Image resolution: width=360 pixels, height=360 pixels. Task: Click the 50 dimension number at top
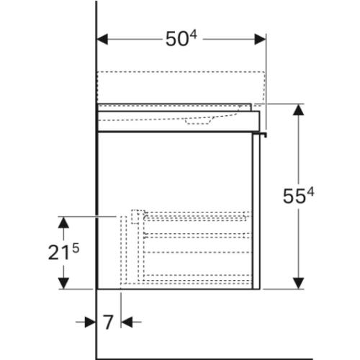pyautogui.click(x=176, y=39)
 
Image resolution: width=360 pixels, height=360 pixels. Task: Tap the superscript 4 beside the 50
pyautogui.click(x=193, y=35)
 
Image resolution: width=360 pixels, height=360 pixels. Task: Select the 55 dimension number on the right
pyautogui.click(x=294, y=197)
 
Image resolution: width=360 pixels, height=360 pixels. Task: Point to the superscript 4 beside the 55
pyautogui.click(x=310, y=192)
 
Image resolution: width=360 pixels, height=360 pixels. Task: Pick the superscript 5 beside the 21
pyautogui.click(x=76, y=248)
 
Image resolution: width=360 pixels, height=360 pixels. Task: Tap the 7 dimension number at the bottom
pyautogui.click(x=108, y=323)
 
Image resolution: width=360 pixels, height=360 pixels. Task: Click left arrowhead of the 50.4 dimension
pyautogui.click(x=102, y=40)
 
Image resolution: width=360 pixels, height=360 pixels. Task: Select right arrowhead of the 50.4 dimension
pyautogui.click(x=260, y=40)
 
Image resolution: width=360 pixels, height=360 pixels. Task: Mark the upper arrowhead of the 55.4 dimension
pyautogui.click(x=299, y=110)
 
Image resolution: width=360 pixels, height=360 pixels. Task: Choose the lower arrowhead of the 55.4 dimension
pyautogui.click(x=299, y=283)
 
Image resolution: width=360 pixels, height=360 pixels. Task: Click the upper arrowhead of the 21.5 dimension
pyautogui.click(x=63, y=222)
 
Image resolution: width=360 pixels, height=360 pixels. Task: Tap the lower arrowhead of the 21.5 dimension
pyautogui.click(x=63, y=283)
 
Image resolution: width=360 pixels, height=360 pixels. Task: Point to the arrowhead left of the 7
pyautogui.click(x=90, y=322)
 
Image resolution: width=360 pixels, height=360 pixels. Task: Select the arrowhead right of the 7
pyautogui.click(x=127, y=322)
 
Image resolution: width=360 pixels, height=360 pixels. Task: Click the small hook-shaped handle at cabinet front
pyautogui.click(x=260, y=135)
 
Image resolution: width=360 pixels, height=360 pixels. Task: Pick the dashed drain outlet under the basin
pyautogui.click(x=198, y=122)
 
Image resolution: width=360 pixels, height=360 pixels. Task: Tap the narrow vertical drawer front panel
pyautogui.click(x=256, y=211)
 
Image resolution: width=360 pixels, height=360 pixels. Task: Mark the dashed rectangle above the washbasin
pyautogui.click(x=181, y=88)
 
